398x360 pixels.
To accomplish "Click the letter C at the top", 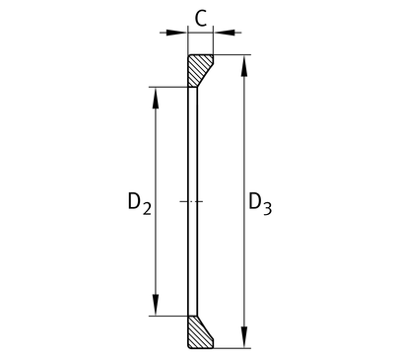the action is point(201,19).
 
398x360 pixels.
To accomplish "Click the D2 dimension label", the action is point(140,203).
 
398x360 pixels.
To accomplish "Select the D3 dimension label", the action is point(260,203).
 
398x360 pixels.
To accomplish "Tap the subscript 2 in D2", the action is point(147,209).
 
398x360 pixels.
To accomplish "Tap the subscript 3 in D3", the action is point(267,209).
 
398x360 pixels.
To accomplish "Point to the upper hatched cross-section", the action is point(198,68).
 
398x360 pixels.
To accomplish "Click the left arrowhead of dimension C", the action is point(176,33).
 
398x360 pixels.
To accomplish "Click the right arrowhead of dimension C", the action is point(225,33).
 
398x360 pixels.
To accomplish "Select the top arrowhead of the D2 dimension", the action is point(156,98).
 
